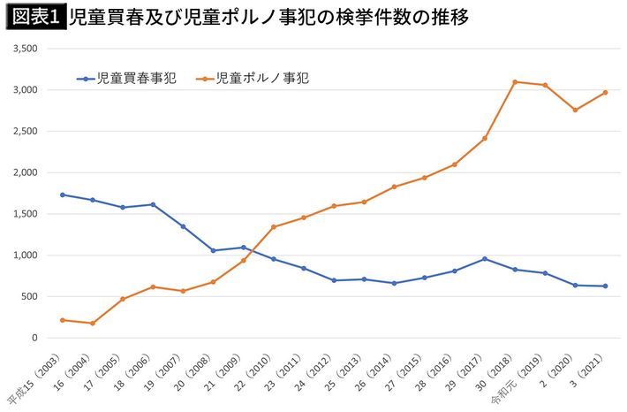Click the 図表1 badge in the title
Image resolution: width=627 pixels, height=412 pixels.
pos(36,17)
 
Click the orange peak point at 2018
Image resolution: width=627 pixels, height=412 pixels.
pos(514,82)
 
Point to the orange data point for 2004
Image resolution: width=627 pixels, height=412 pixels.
pos(92,324)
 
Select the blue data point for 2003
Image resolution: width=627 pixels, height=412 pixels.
pos(62,195)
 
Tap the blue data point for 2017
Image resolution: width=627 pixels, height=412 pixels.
pos(484,259)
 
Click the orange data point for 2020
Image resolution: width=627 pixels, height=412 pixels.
pos(575,110)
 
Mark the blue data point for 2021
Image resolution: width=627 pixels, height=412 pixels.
pos(605,286)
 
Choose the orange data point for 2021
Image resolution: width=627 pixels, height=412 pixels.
pos(605,92)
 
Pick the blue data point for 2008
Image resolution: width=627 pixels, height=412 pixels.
pos(213,250)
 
